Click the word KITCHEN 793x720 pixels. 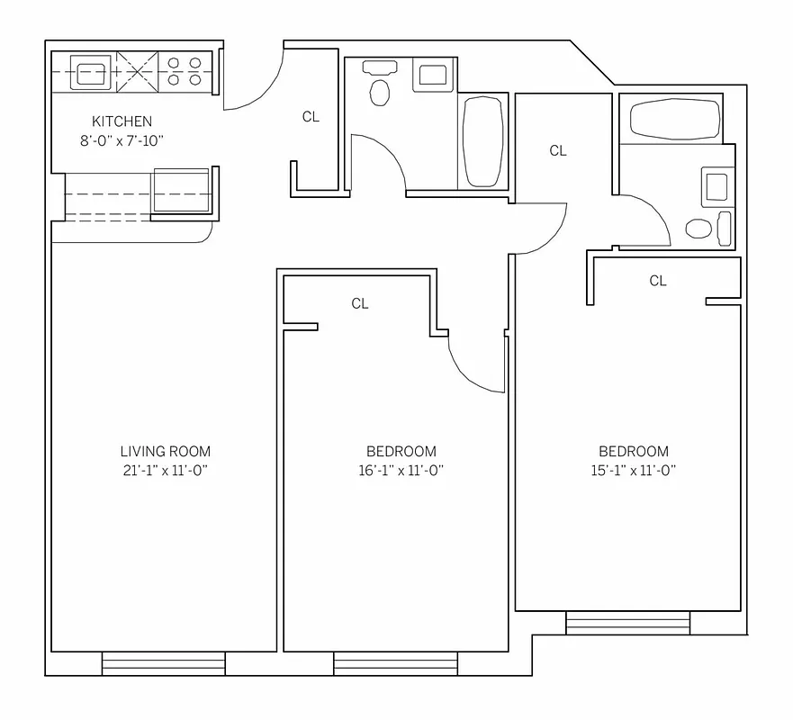[x=122, y=121]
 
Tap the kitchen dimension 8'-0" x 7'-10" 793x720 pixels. [x=122, y=140]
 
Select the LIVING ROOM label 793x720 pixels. [x=165, y=452]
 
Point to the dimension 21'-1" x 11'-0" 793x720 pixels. [x=165, y=471]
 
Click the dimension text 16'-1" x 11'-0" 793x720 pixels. [x=401, y=471]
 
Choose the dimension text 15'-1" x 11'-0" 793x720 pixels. [x=634, y=471]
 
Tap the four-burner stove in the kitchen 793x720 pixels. [x=185, y=72]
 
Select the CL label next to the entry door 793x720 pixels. [x=311, y=117]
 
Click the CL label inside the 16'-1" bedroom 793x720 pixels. [x=360, y=304]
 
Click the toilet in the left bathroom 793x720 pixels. [x=381, y=90]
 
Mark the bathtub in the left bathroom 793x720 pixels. [x=483, y=141]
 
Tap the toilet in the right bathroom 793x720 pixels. [x=698, y=228]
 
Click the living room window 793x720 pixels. [x=163, y=664]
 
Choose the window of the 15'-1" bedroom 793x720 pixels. [x=627, y=623]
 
